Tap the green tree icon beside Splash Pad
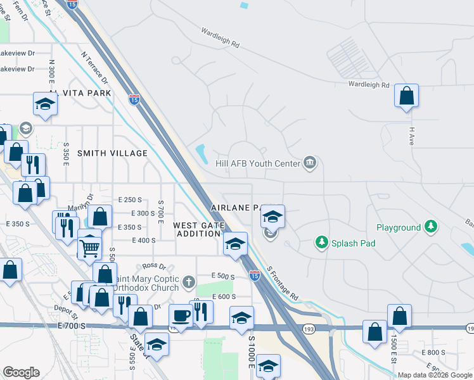322,243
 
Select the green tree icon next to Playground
431,227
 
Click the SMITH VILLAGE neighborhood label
112,153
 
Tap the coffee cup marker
181,314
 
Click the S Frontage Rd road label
282,282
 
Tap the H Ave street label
411,136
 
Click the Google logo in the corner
21,372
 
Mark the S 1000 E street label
252,353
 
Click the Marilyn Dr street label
80,204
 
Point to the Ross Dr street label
154,266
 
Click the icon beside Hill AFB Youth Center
310,163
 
